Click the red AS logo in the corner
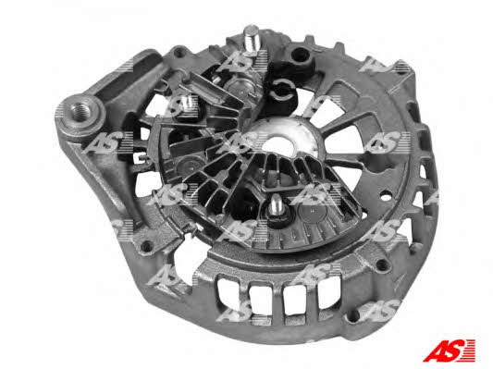(x=449, y=351)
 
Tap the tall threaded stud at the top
(x=253, y=38)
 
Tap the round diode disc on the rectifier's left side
(x=186, y=166)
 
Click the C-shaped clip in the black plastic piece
(x=283, y=89)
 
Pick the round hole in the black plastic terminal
(x=301, y=55)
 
